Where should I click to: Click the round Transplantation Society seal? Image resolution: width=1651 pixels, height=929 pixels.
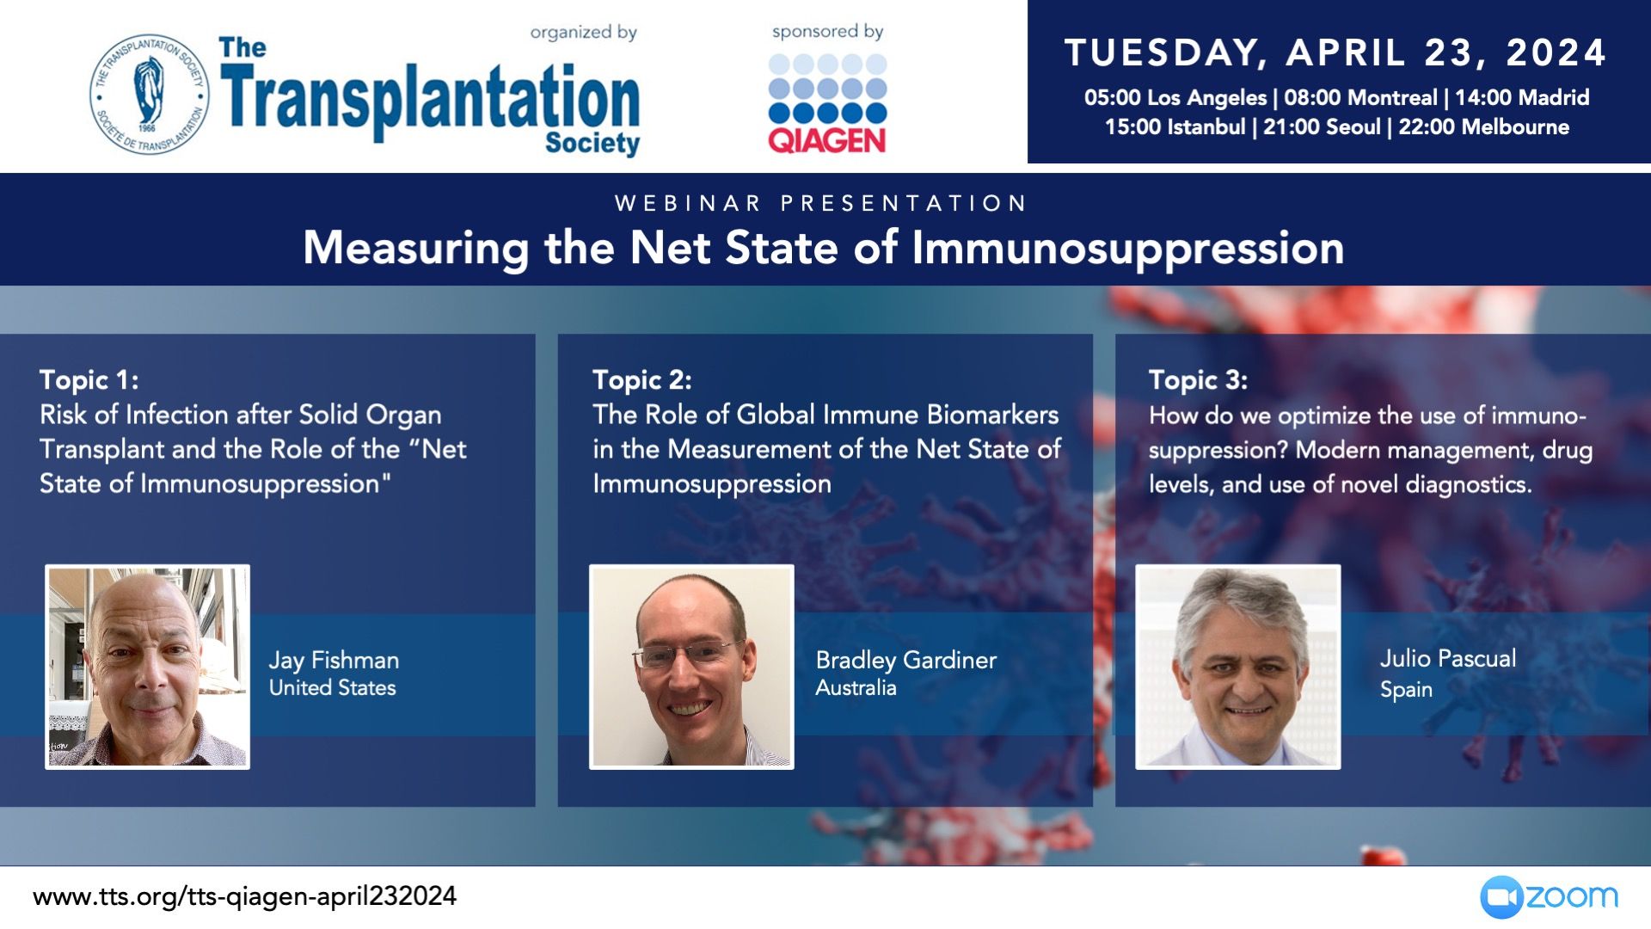(x=150, y=94)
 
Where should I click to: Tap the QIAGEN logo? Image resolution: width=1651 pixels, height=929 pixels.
(x=827, y=104)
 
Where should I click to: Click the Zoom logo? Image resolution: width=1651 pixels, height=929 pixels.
(x=1549, y=897)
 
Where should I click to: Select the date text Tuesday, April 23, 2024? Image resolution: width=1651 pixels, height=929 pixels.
(x=1335, y=52)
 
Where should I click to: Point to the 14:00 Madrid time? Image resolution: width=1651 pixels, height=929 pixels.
(x=1522, y=97)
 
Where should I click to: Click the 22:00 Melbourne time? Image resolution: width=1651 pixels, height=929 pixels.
(x=1483, y=127)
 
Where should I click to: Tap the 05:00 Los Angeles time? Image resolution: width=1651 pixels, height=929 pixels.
(x=1175, y=97)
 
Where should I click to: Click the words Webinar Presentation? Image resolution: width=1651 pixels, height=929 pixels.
(x=821, y=203)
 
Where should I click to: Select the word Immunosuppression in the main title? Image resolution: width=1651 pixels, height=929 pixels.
(x=1128, y=249)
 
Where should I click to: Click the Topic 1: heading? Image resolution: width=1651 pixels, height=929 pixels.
(x=89, y=379)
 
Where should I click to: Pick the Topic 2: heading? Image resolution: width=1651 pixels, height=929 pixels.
(x=642, y=379)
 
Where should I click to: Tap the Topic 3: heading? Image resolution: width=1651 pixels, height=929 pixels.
(x=1198, y=379)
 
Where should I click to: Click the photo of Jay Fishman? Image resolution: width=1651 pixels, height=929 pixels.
(x=148, y=667)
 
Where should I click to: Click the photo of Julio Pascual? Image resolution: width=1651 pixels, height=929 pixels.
(x=1238, y=667)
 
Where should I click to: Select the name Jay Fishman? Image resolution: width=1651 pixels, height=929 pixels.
(x=334, y=661)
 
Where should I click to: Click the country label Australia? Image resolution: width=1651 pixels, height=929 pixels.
(x=856, y=688)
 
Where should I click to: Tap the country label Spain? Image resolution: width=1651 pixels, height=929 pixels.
(x=1406, y=690)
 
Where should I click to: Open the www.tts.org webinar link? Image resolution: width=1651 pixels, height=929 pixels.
(x=245, y=896)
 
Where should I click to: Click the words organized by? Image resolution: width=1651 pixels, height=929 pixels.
(x=584, y=33)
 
